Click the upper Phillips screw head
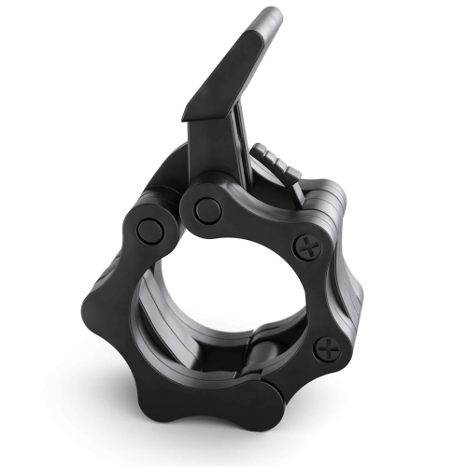(309, 248)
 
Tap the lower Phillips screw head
(328, 349)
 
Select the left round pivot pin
(149, 232)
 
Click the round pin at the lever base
(208, 210)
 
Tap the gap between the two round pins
(177, 220)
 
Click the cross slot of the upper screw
(309, 248)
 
